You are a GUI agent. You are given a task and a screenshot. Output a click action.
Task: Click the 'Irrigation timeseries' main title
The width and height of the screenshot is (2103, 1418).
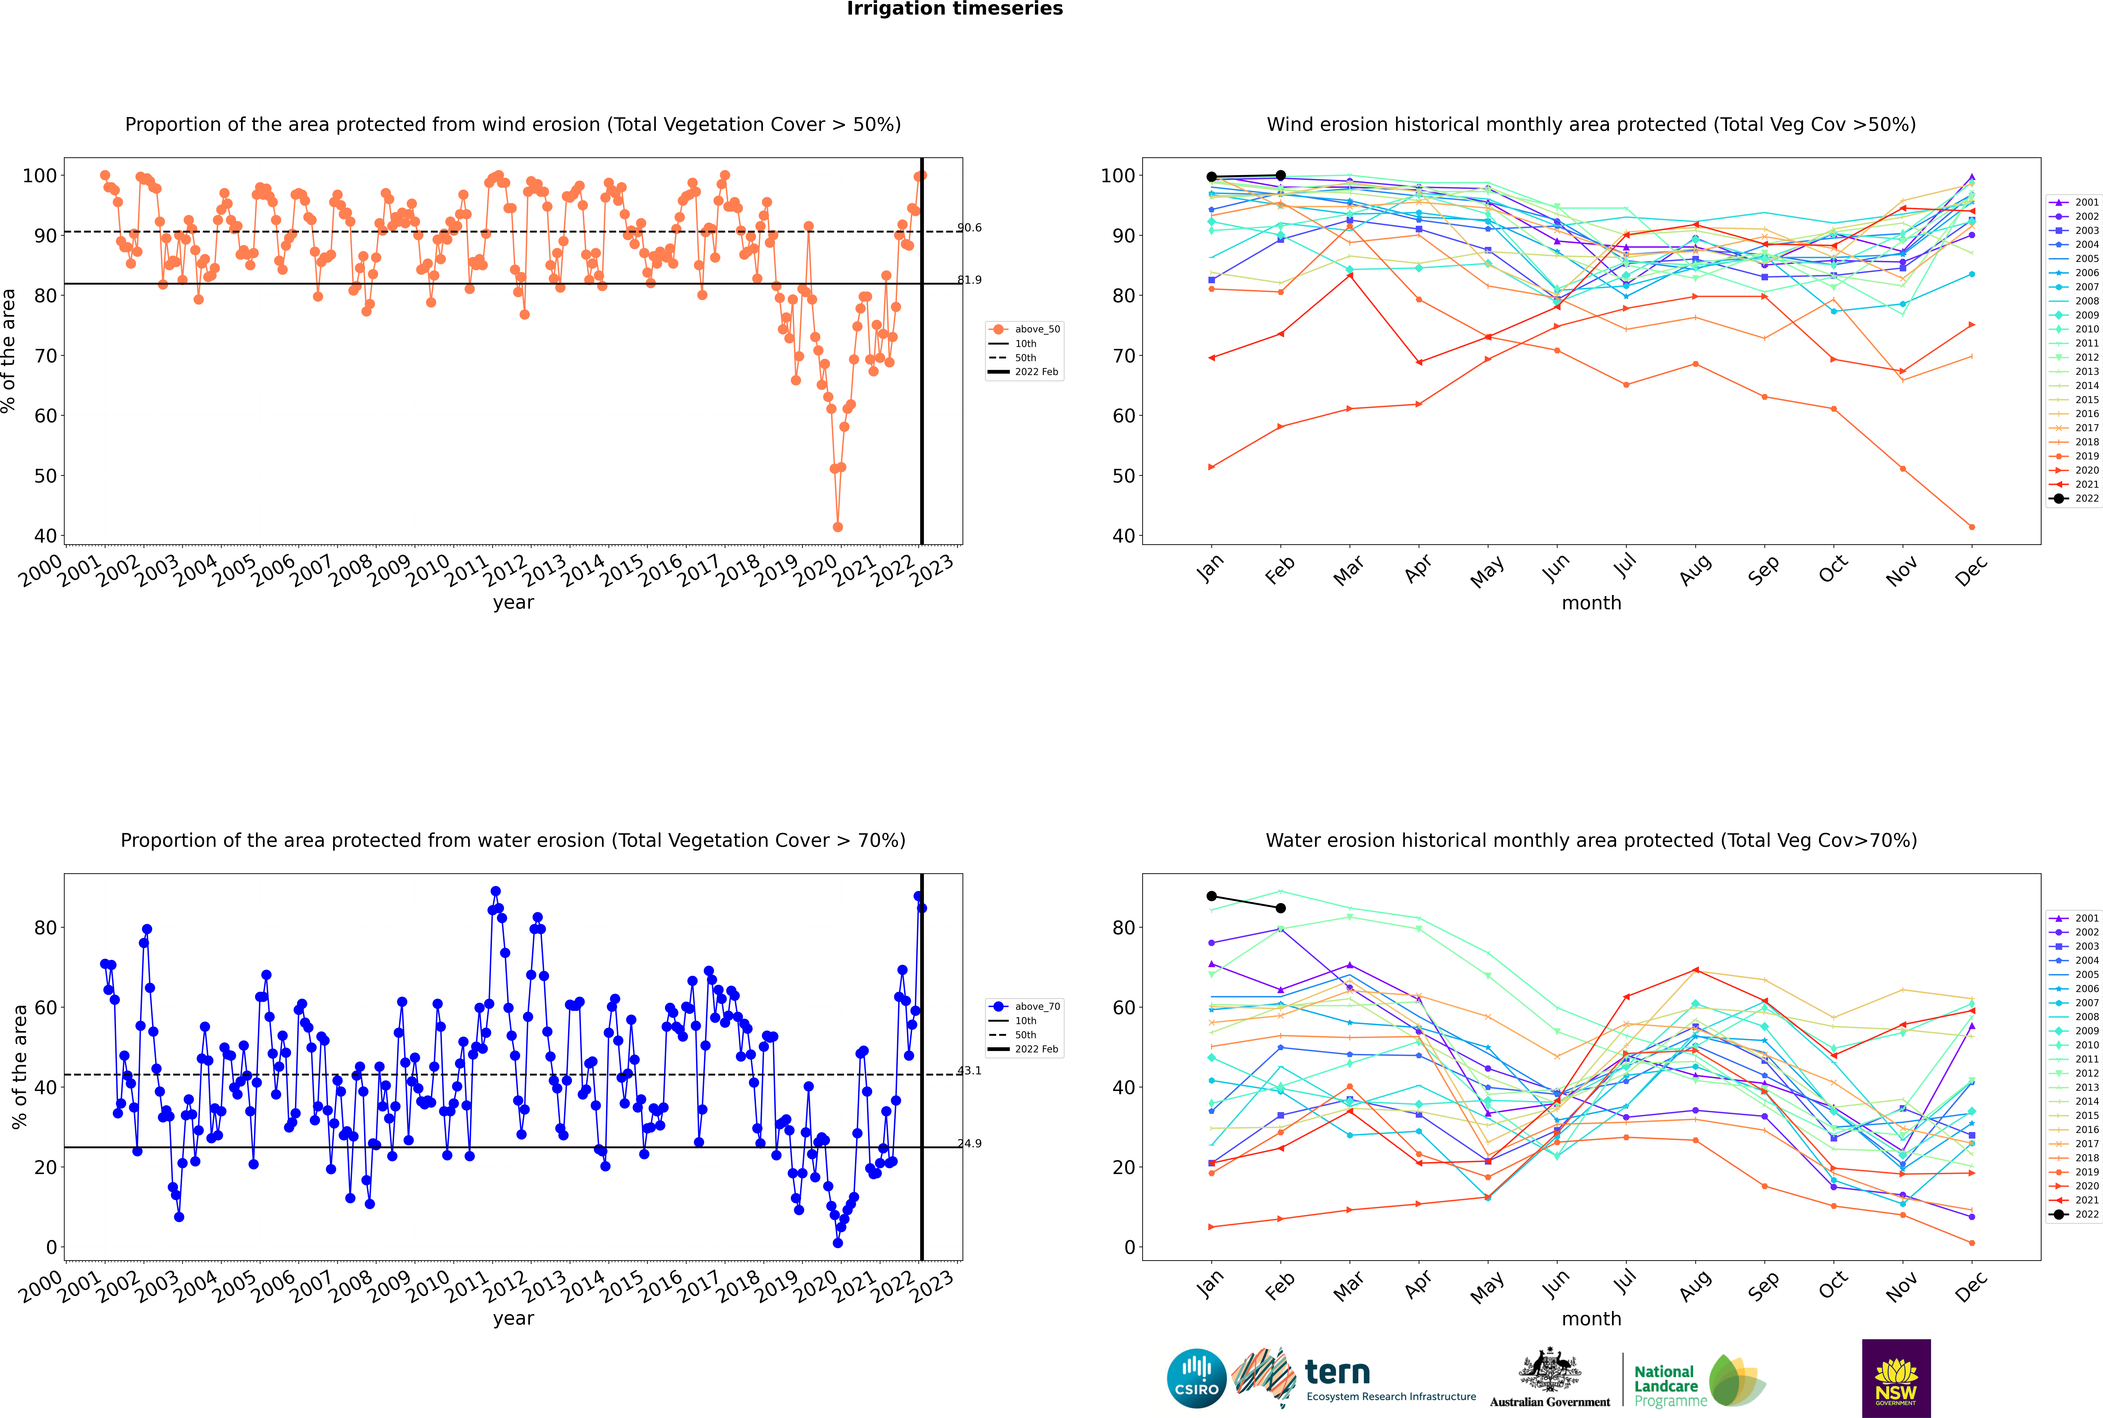click(x=955, y=9)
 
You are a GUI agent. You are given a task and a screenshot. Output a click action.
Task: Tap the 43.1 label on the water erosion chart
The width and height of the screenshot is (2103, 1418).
click(x=969, y=1071)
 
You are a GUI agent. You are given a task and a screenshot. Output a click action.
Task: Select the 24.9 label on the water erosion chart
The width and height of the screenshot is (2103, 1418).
click(x=969, y=1144)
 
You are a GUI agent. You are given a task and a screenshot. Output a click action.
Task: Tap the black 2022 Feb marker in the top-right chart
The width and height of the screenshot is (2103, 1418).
click(x=1280, y=176)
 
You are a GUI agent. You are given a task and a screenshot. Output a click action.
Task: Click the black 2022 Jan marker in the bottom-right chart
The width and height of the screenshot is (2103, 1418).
click(x=1212, y=896)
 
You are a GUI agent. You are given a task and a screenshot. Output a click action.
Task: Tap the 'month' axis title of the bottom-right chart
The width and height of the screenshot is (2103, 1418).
click(x=1591, y=1319)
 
